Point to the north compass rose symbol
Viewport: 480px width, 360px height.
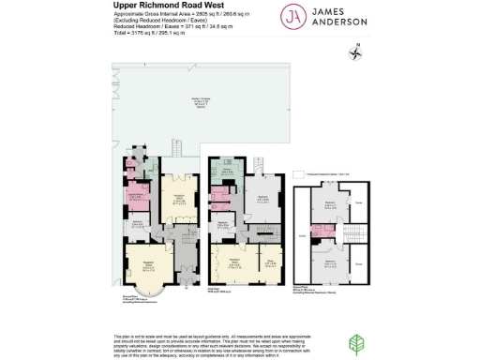pos(356,52)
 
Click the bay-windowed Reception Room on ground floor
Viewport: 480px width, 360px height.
pos(146,265)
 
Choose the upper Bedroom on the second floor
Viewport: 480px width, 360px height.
pos(329,205)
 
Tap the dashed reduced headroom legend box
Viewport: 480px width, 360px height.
pos(292,174)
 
